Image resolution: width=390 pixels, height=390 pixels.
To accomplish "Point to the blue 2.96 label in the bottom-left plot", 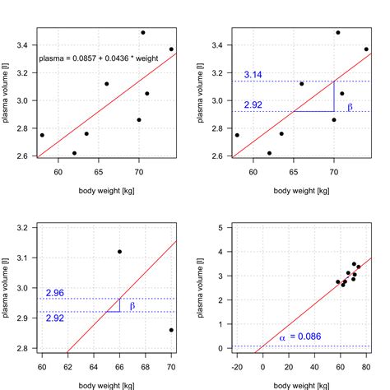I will pyautogui.click(x=56, y=292).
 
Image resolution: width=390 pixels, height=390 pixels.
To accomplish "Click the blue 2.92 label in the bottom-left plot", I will pyautogui.click(x=56, y=318).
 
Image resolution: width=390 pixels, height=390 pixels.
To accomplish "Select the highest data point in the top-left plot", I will pyautogui.click(x=143, y=33).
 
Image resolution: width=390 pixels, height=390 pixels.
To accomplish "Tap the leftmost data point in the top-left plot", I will pyautogui.click(x=42, y=135).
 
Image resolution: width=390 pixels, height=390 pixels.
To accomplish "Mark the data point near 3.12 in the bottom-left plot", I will pyautogui.click(x=120, y=252).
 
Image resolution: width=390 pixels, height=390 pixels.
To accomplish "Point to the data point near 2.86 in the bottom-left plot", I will pyautogui.click(x=171, y=330).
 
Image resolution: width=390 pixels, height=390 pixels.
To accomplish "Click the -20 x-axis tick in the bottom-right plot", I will pyautogui.click(x=238, y=367).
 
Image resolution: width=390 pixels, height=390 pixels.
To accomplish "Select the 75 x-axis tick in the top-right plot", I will pyautogui.click(x=365, y=172).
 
